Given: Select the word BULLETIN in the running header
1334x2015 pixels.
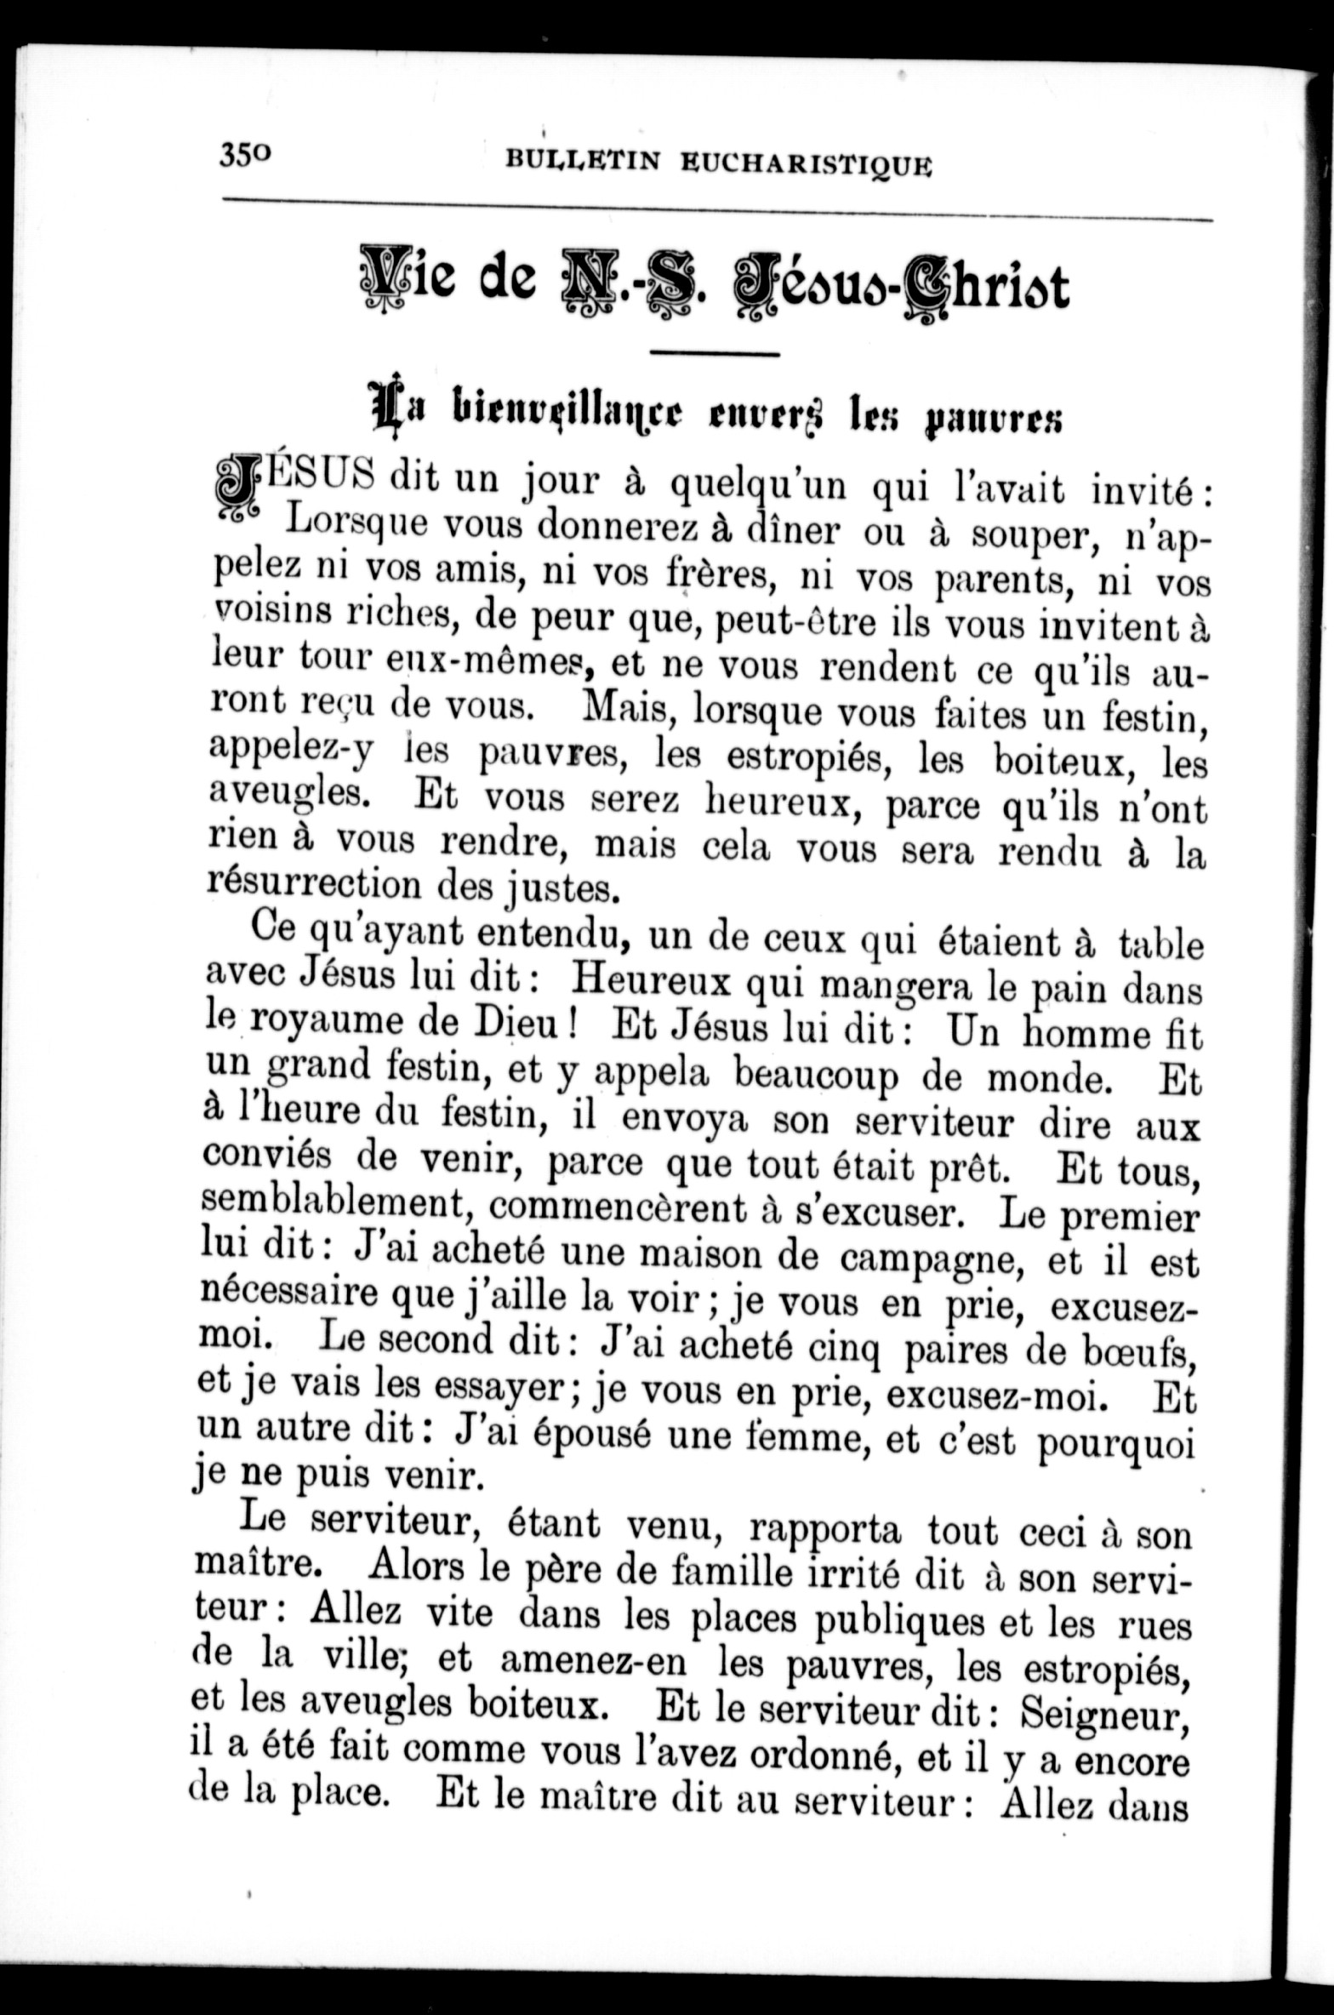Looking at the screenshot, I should (x=583, y=160).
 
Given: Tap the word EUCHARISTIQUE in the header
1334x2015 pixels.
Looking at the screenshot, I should (x=806, y=164).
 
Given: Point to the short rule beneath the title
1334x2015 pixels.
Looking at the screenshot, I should (x=715, y=353).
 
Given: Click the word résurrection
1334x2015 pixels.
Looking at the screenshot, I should (x=316, y=882).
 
